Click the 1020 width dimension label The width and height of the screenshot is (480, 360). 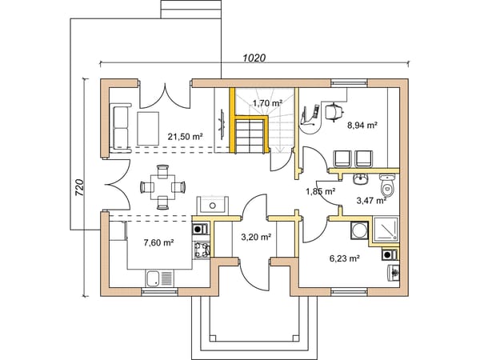[x=254, y=58]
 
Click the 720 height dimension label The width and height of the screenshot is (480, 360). [x=79, y=188]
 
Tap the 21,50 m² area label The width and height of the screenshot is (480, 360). [x=186, y=137]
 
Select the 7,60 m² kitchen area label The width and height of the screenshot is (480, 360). [x=159, y=242]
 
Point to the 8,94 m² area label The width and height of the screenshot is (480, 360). [x=362, y=125]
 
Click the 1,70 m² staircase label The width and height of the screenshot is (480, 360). [x=267, y=103]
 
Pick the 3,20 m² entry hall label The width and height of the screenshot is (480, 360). [x=256, y=237]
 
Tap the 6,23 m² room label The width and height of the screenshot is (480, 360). [x=344, y=258]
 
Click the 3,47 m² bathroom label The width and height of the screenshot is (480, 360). [x=371, y=201]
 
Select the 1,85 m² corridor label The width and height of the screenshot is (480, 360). [x=321, y=192]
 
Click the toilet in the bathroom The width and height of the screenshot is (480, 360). [x=387, y=186]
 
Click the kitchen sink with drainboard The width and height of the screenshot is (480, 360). [x=159, y=278]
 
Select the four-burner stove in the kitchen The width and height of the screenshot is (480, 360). [x=202, y=249]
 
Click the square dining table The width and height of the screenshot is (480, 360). [x=162, y=187]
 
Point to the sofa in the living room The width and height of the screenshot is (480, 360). [x=120, y=126]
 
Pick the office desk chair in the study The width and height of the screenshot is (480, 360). [x=334, y=112]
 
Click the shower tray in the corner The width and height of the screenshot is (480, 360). [x=386, y=228]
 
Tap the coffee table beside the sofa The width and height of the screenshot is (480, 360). [x=148, y=129]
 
